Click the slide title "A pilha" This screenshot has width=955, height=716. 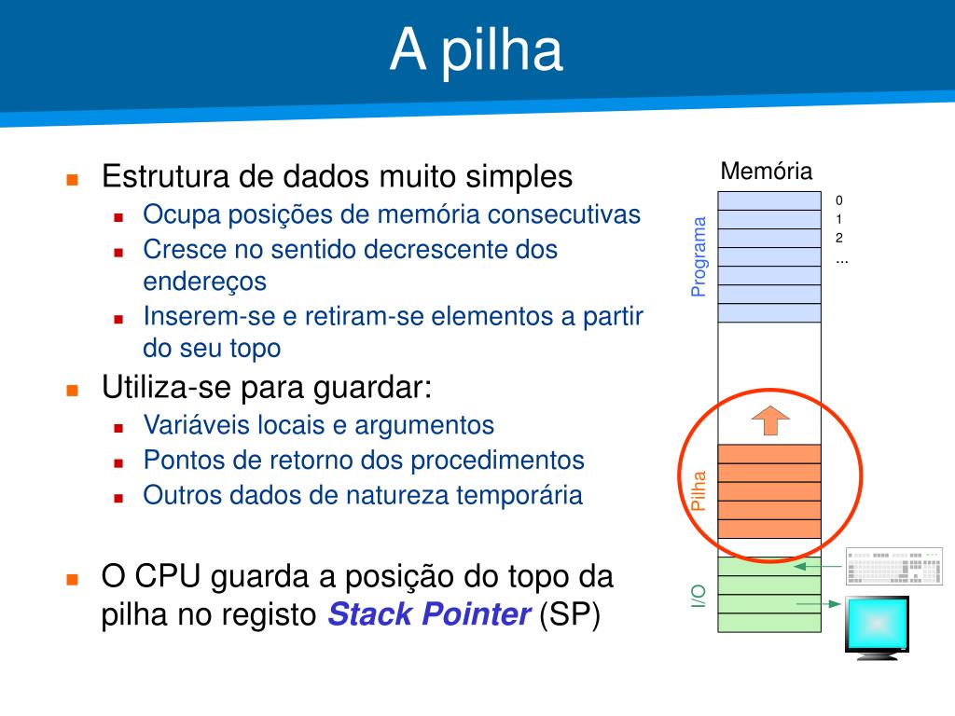pos(477,50)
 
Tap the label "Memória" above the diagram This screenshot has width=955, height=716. pos(767,172)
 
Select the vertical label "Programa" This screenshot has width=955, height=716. pos(699,256)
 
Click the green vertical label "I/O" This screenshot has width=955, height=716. pos(699,596)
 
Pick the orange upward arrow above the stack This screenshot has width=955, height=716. pos(770,420)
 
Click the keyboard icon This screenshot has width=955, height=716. pos(894,566)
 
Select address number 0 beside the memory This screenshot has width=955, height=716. pos(839,200)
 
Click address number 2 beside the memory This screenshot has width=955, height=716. pos(839,238)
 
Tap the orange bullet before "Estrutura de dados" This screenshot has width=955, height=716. pos(72,178)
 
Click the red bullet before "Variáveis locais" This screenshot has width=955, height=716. pos(118,427)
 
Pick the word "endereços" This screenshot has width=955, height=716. pos(204,281)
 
